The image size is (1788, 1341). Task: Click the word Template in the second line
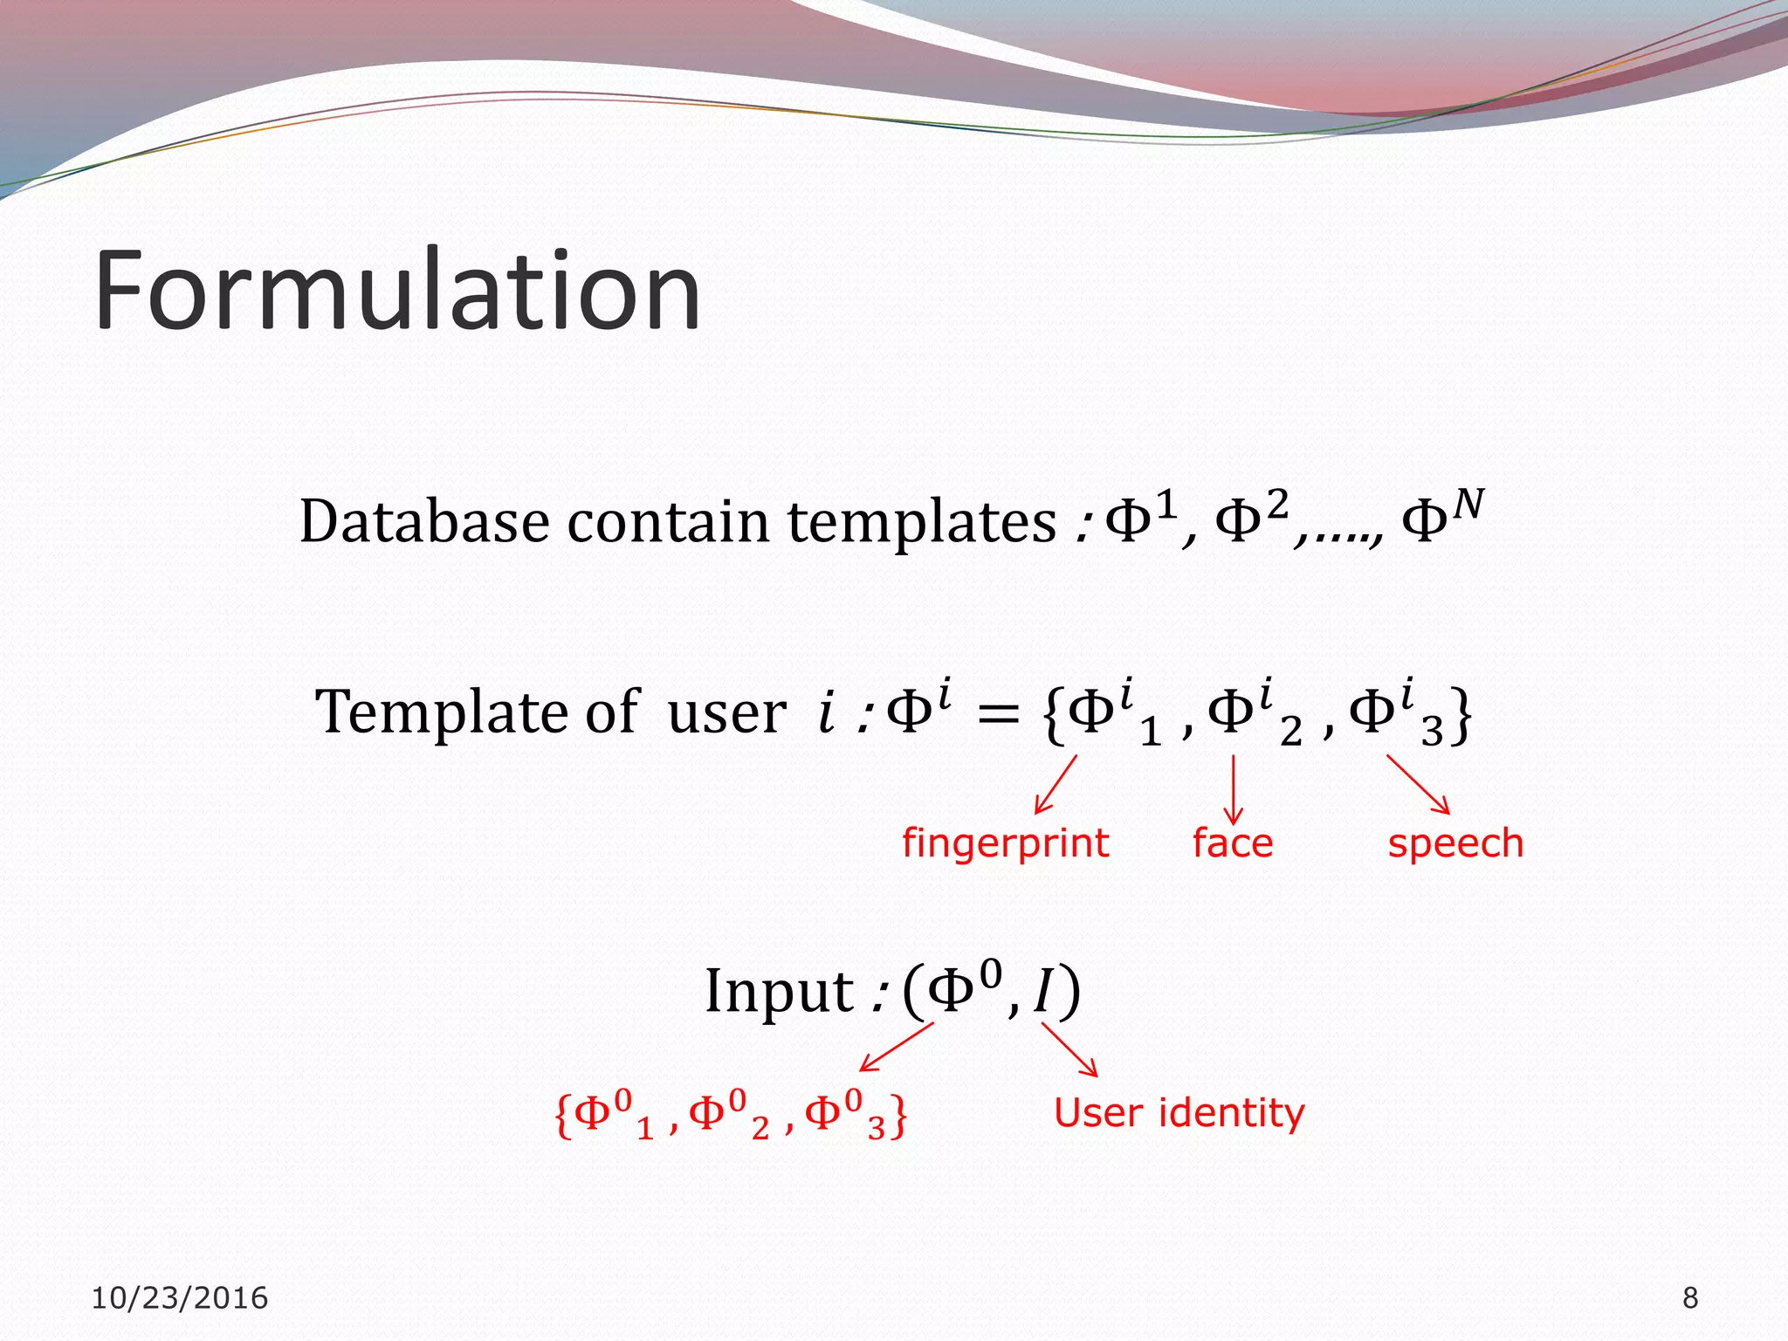(x=440, y=711)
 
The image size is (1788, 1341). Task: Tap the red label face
(x=1232, y=843)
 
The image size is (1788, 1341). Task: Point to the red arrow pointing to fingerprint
(x=1056, y=785)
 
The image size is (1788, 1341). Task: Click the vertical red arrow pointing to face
(x=1233, y=789)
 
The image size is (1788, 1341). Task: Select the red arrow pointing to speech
(x=1418, y=784)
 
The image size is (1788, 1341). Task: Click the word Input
(x=779, y=992)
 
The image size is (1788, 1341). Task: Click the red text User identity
(x=1179, y=1113)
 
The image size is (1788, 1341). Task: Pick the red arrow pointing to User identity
(x=1069, y=1049)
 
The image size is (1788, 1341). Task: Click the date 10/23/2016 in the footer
(x=180, y=1298)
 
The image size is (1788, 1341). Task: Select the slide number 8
(x=1690, y=1298)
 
